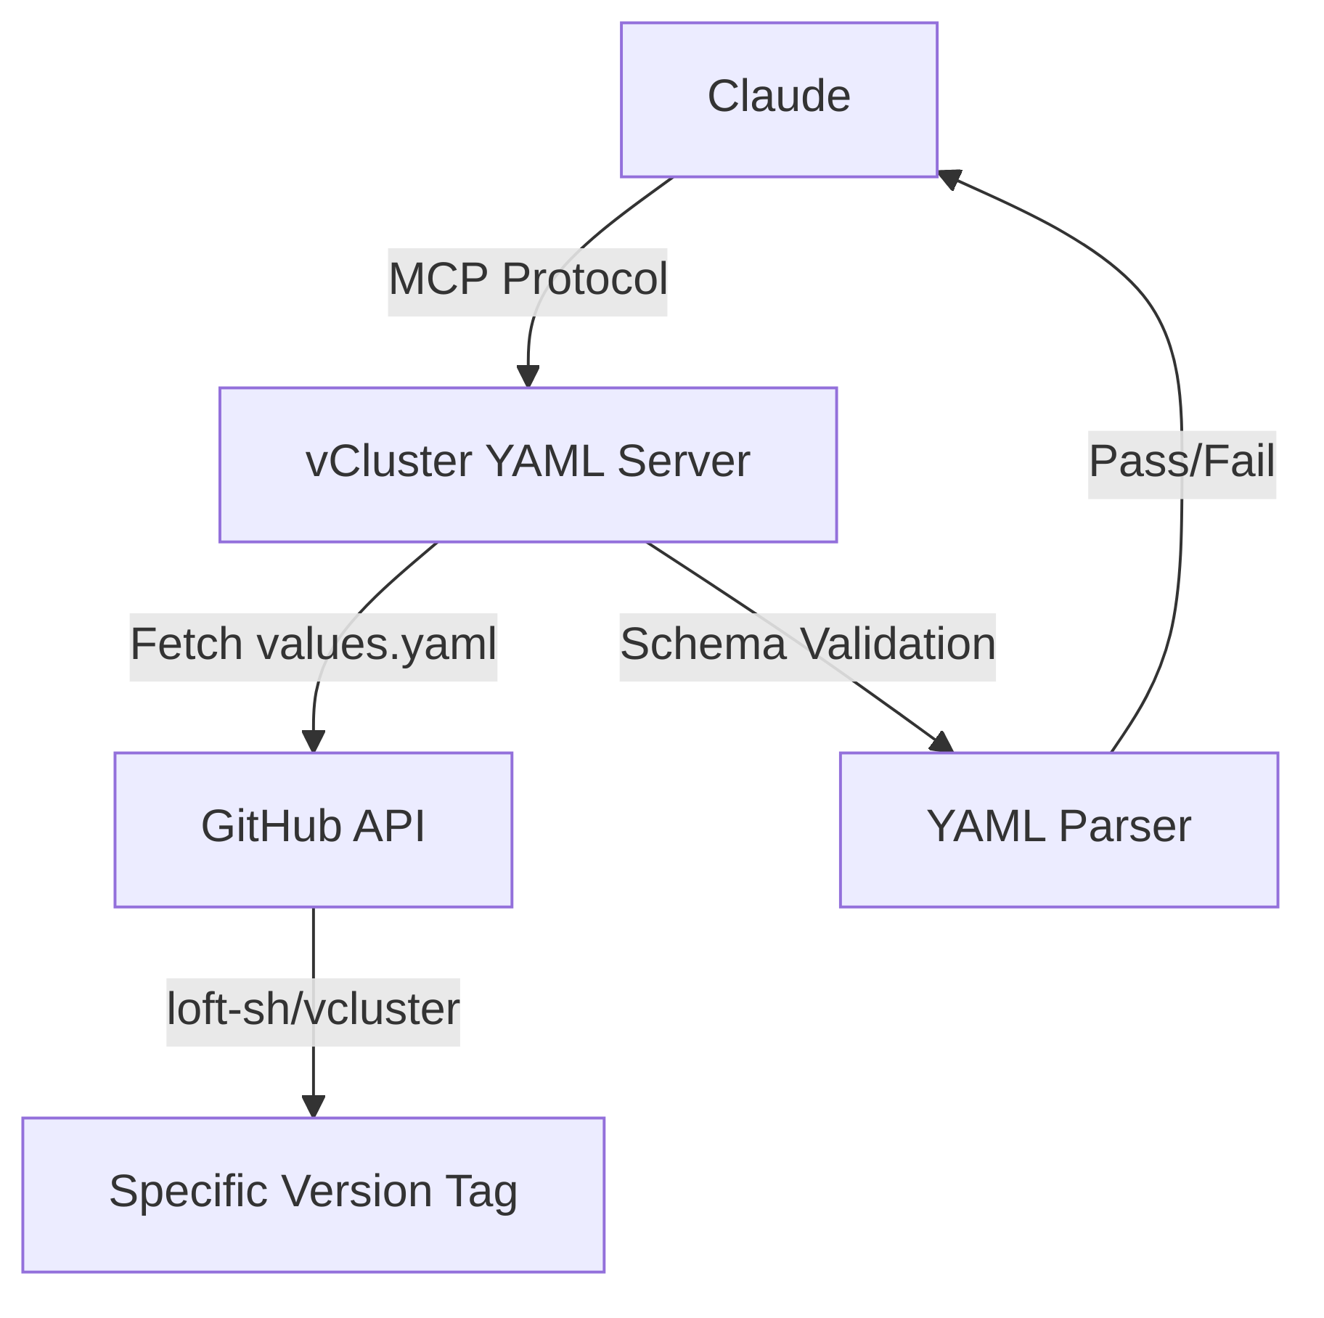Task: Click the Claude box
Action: (x=778, y=99)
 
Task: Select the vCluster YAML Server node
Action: (x=528, y=464)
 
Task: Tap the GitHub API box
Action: (x=313, y=830)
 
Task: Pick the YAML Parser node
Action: (x=1058, y=830)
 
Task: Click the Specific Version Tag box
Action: (x=313, y=1195)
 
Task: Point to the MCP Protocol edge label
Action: (x=528, y=282)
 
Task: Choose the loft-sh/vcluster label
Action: (x=313, y=1012)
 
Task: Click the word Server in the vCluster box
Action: (x=683, y=462)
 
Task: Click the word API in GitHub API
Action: (x=388, y=827)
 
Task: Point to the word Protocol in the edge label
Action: (x=584, y=279)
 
